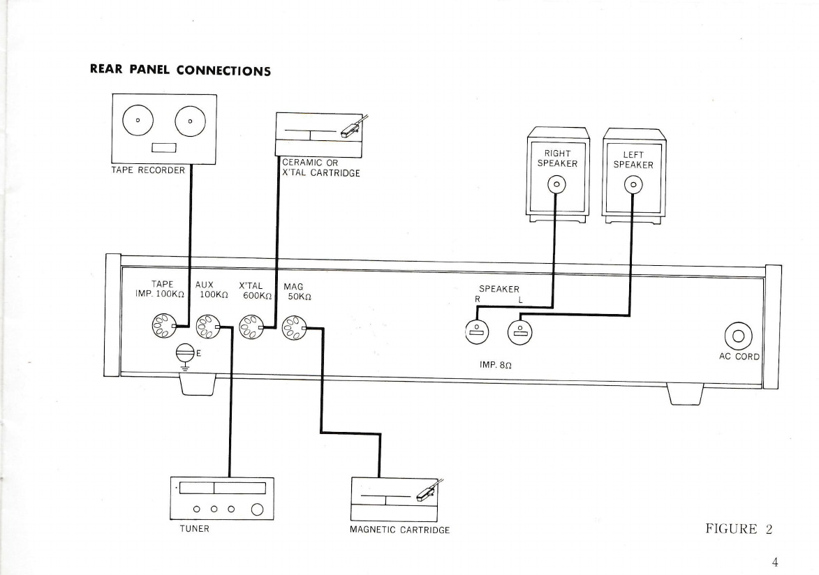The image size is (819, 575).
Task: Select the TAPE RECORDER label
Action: pos(148,171)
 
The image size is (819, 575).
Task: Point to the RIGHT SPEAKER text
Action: pos(558,158)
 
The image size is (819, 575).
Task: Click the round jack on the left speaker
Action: pos(634,185)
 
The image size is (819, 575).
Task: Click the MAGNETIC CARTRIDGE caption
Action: pos(399,530)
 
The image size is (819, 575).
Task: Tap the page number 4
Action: pos(774,562)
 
